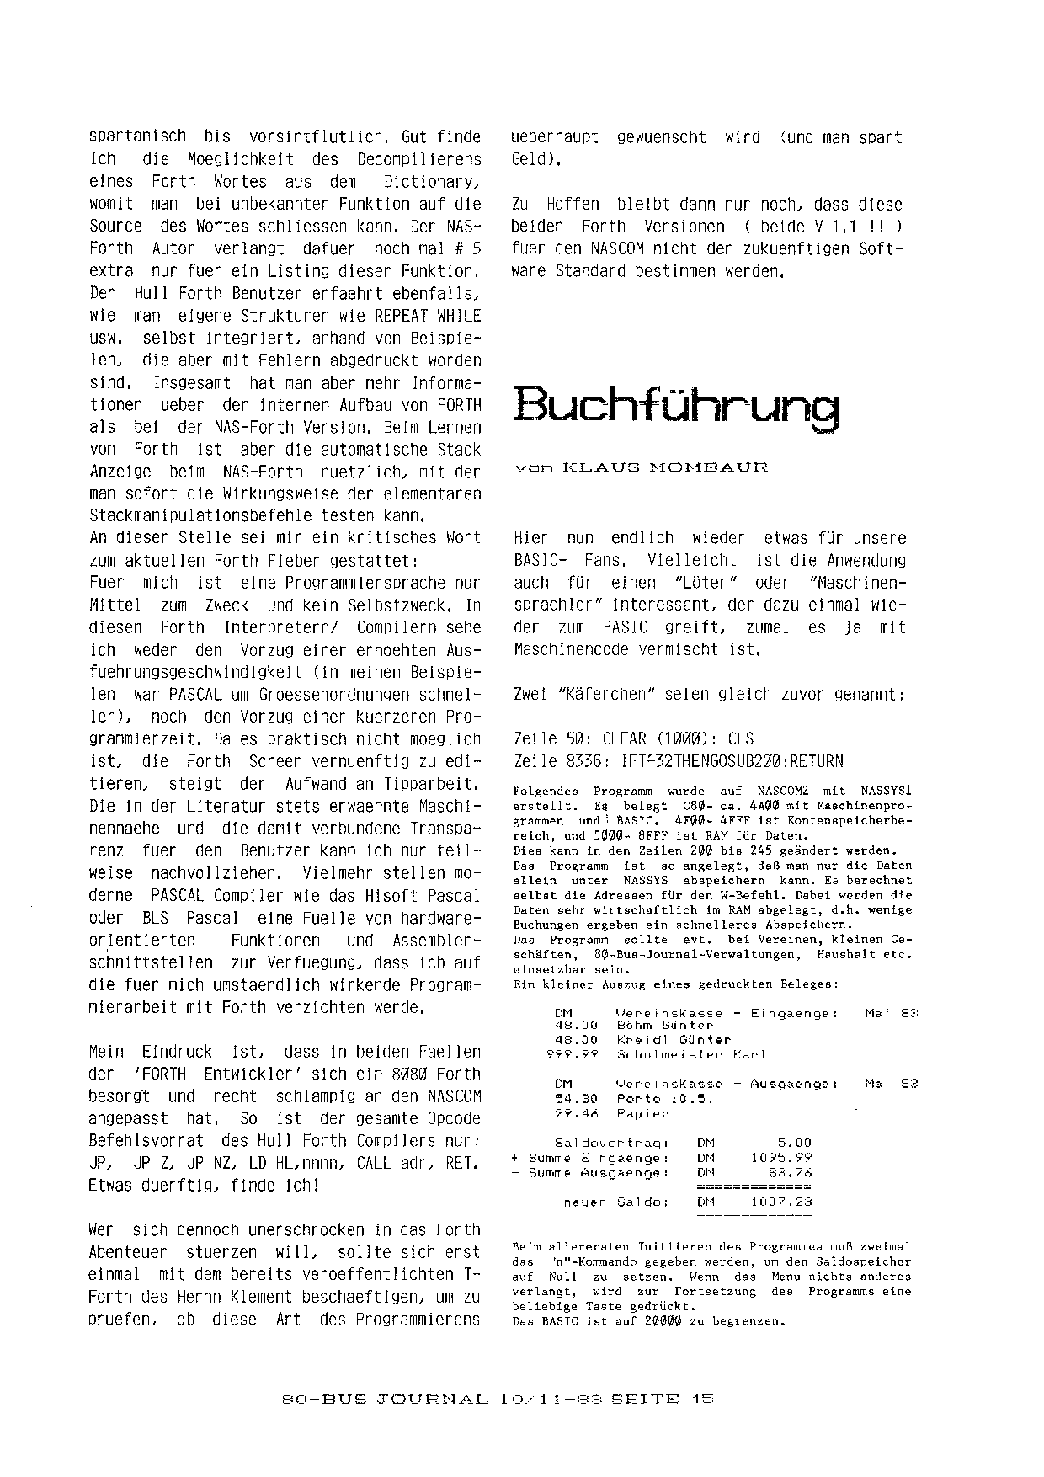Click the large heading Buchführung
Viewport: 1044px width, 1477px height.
[676, 408]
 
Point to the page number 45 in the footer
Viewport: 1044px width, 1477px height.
[700, 1399]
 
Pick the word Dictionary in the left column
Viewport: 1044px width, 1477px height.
[430, 181]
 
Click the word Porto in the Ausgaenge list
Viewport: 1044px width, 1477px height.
[637, 1098]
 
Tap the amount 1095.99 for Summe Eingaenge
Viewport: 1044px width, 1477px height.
[781, 1158]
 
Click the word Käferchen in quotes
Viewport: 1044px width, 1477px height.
[607, 695]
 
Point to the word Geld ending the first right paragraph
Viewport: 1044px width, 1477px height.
[530, 159]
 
